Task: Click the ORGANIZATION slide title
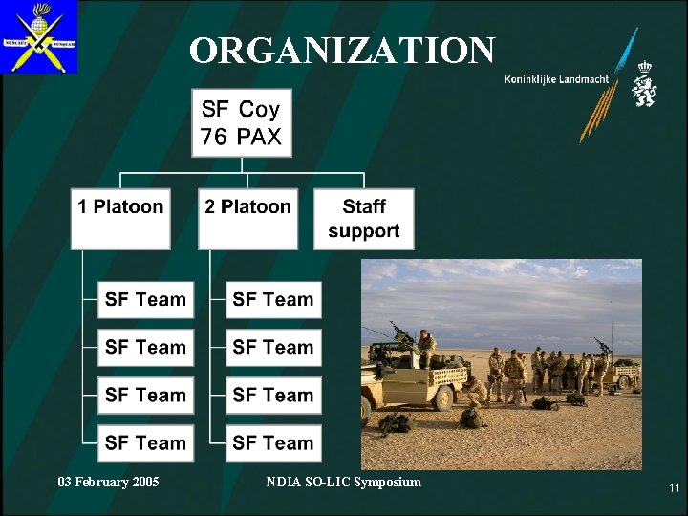(x=342, y=51)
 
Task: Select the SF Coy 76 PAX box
(x=242, y=123)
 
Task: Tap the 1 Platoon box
(x=120, y=219)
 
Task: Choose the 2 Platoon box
(x=247, y=219)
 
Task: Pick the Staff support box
(x=363, y=219)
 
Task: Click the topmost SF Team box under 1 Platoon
(x=145, y=300)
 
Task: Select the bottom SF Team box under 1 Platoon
(x=145, y=443)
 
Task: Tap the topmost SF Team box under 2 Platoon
(x=273, y=300)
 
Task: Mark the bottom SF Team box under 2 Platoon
(x=273, y=443)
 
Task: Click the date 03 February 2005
(x=108, y=482)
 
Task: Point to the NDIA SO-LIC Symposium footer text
(x=343, y=482)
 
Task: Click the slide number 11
(x=674, y=488)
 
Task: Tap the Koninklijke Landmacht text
(x=556, y=79)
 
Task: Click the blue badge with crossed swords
(x=39, y=37)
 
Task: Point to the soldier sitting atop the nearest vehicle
(x=425, y=346)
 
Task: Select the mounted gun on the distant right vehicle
(x=602, y=345)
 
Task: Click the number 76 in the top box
(x=214, y=137)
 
